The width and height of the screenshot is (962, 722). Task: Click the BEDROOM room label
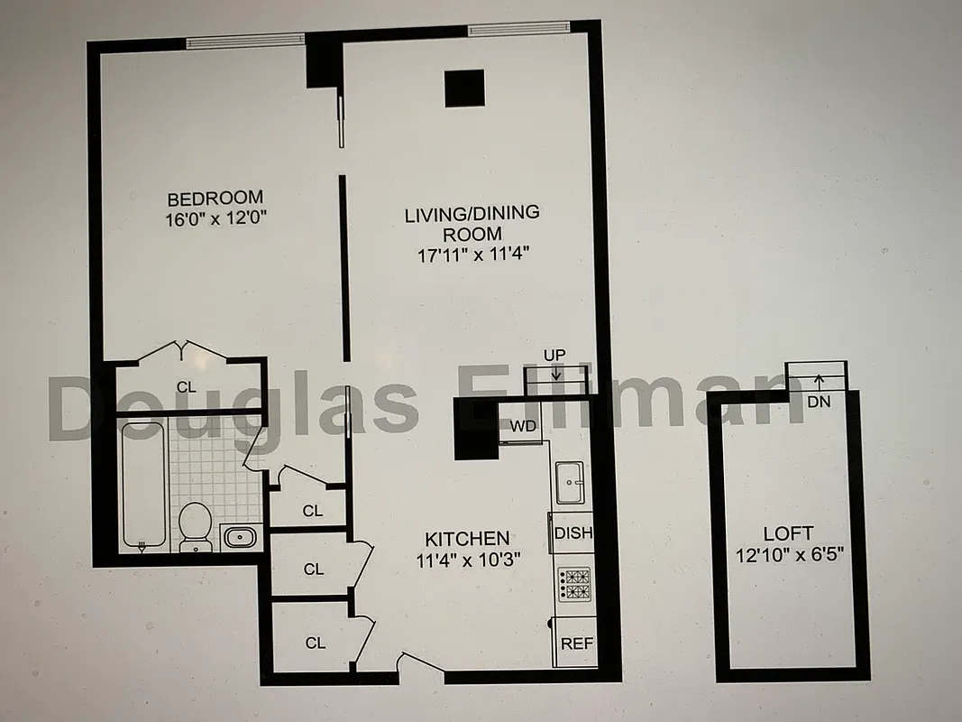pyautogui.click(x=215, y=197)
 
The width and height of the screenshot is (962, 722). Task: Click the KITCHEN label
pyautogui.click(x=468, y=537)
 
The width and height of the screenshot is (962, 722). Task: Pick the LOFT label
pyautogui.click(x=789, y=533)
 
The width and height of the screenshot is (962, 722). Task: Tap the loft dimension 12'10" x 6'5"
pyautogui.click(x=789, y=556)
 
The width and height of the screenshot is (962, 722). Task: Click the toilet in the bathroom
pyautogui.click(x=195, y=526)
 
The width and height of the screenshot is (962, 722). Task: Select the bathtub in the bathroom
pyautogui.click(x=143, y=485)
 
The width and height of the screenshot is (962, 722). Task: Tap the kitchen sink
pyautogui.click(x=569, y=483)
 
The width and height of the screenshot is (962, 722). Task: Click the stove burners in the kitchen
pyautogui.click(x=573, y=583)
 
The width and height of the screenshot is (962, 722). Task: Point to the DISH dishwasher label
pyautogui.click(x=573, y=532)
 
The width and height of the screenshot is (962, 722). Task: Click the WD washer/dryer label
pyautogui.click(x=523, y=426)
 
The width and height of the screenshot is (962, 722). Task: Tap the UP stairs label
pyautogui.click(x=556, y=354)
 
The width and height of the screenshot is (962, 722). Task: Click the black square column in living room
pyautogui.click(x=464, y=88)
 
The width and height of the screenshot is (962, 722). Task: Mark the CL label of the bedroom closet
pyautogui.click(x=187, y=387)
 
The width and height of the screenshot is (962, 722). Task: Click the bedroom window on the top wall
pyautogui.click(x=244, y=39)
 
